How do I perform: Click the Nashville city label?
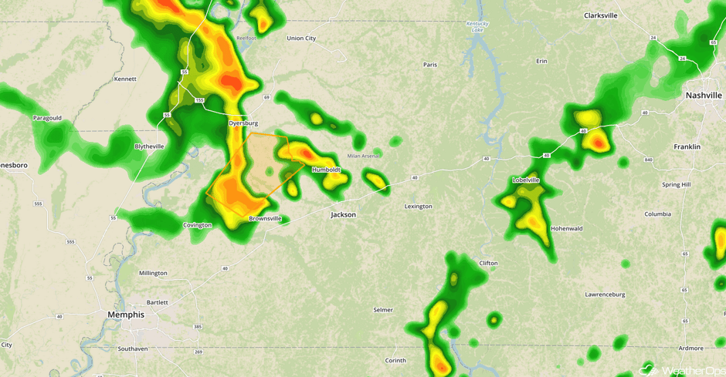tap(704, 96)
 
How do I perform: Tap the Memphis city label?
tap(126, 315)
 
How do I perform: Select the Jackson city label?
tap(343, 215)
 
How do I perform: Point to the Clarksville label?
tap(601, 15)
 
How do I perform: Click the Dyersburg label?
tap(243, 123)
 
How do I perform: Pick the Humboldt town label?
tap(326, 170)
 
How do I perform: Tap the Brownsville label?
tap(265, 219)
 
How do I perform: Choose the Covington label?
tap(197, 225)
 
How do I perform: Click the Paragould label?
tap(47, 118)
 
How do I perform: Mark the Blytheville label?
tap(149, 146)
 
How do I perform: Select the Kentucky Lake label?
tap(478, 27)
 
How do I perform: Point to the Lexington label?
tap(419, 207)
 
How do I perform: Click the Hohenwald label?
tap(568, 229)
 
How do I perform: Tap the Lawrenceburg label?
tap(605, 295)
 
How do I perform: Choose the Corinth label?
tap(395, 361)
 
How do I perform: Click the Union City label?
tap(301, 39)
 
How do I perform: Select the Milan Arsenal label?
tap(364, 156)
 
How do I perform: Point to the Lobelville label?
tap(526, 180)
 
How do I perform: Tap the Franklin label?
tap(687, 146)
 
